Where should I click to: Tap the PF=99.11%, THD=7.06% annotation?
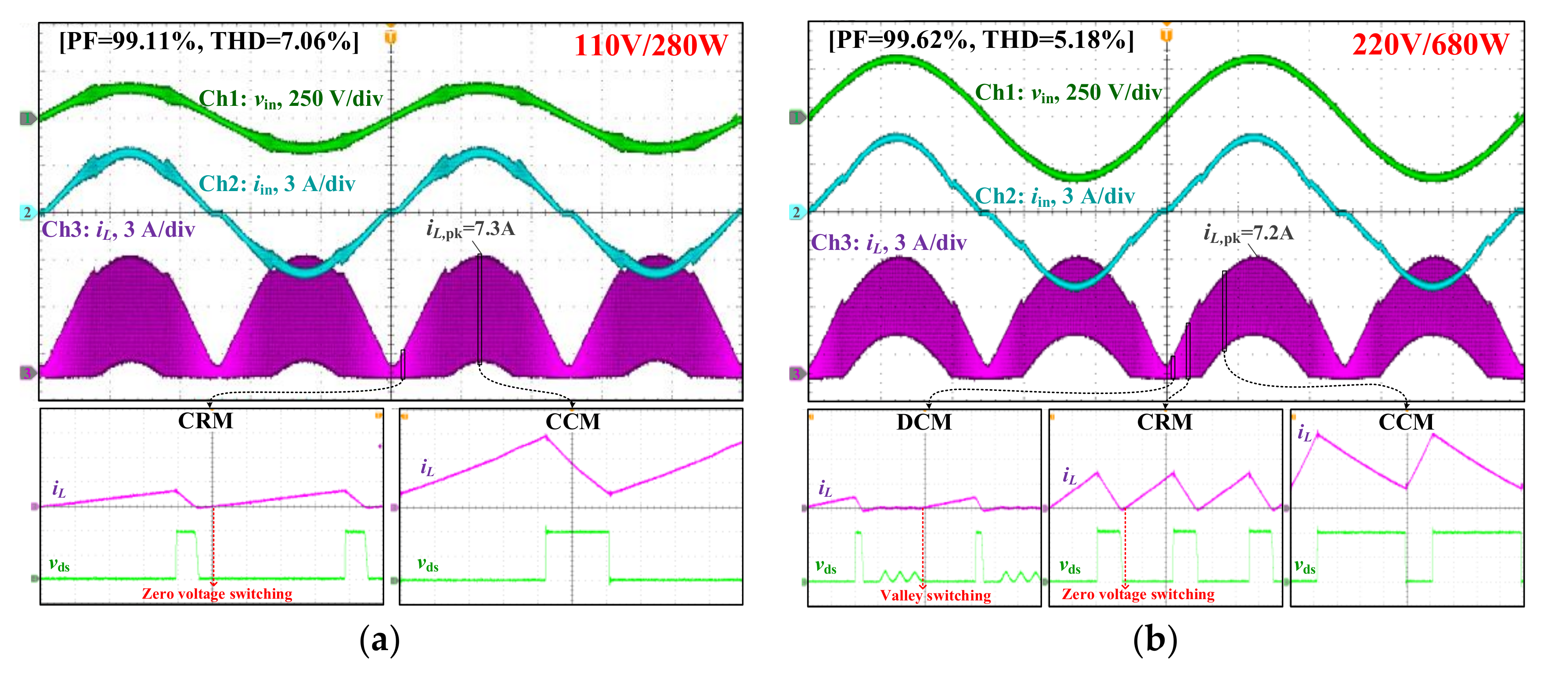tap(209, 41)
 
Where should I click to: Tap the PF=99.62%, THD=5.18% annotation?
tap(981, 40)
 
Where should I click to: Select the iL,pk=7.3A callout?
tap(470, 229)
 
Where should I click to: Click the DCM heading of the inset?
tap(924, 422)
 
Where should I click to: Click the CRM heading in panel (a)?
tap(206, 421)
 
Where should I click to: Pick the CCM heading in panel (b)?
tap(1406, 422)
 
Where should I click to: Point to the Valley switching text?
tap(935, 595)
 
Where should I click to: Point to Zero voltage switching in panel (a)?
tap(217, 593)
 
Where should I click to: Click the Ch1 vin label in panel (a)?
tap(290, 99)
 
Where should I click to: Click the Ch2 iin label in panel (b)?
tap(1054, 196)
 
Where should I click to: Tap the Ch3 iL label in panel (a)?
tap(118, 230)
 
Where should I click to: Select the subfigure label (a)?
tap(379, 640)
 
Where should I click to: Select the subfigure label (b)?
tap(1154, 640)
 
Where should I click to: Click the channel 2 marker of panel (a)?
tap(27, 212)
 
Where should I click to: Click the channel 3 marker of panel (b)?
tap(796, 374)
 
